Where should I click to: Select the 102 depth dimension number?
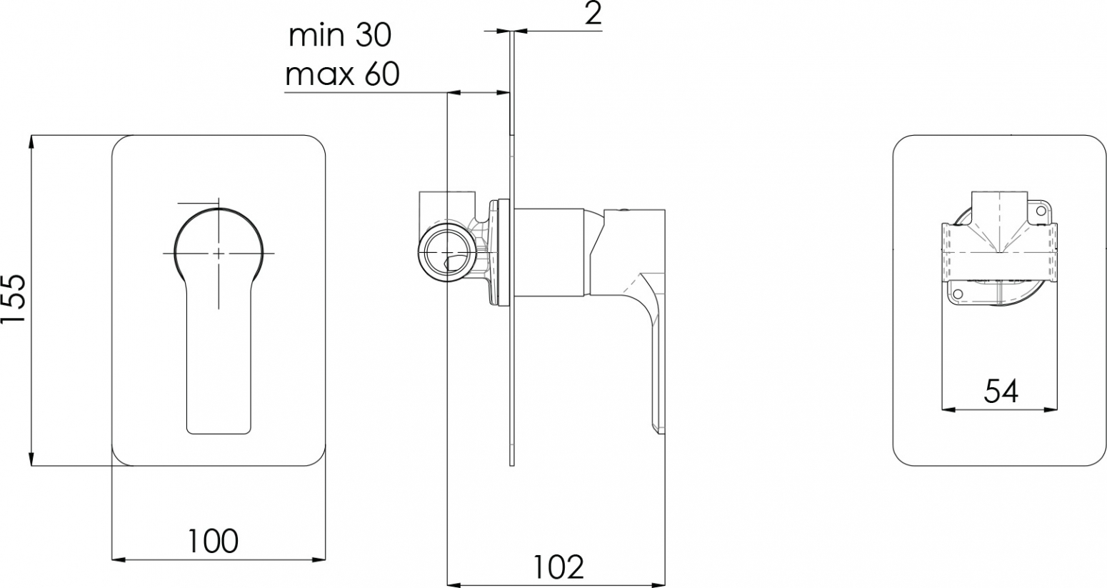coord(558,567)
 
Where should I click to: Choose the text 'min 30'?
coord(340,36)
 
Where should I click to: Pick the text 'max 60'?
coord(343,75)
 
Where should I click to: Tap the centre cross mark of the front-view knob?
coord(219,253)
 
